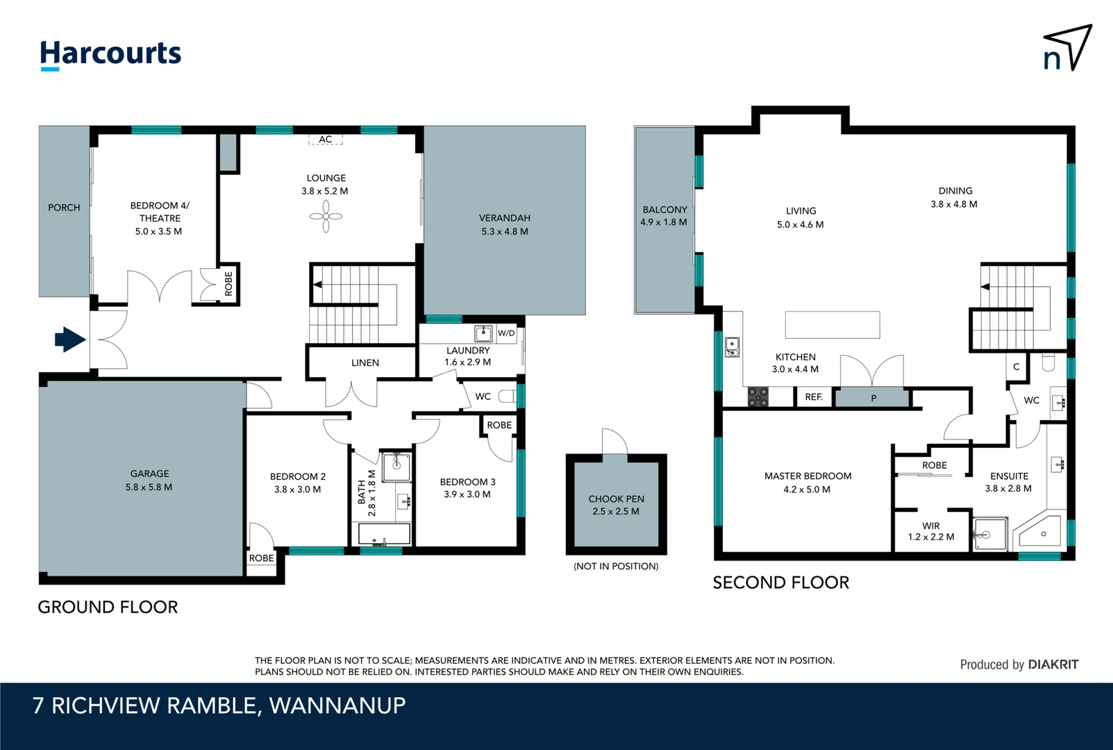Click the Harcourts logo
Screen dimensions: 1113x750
click(x=110, y=55)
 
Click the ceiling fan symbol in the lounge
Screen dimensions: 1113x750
click(x=326, y=216)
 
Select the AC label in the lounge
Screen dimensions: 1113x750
click(x=326, y=139)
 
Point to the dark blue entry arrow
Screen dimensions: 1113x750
click(x=70, y=340)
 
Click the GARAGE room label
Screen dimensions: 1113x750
click(x=149, y=474)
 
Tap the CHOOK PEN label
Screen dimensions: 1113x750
click(x=616, y=499)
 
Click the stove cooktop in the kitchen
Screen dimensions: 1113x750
click(x=758, y=397)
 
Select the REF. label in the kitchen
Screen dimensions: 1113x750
click(x=814, y=397)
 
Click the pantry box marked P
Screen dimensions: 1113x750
click(x=873, y=398)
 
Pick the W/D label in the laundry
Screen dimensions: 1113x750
click(x=506, y=333)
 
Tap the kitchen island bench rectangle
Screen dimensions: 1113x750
click(x=832, y=324)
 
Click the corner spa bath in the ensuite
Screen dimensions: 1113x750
click(x=1039, y=533)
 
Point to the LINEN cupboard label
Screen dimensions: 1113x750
click(x=365, y=362)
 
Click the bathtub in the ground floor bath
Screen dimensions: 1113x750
click(x=385, y=534)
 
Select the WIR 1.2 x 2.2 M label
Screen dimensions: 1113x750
click(x=931, y=531)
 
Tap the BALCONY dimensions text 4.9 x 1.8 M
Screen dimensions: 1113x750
click(x=664, y=222)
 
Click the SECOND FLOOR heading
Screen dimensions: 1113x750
click(x=781, y=583)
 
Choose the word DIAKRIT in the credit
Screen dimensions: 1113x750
click(x=1053, y=665)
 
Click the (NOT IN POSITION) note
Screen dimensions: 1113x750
click(x=616, y=566)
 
